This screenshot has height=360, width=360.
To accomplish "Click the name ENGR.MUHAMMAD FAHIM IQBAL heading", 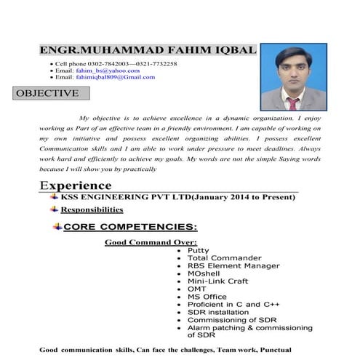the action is (x=148, y=49).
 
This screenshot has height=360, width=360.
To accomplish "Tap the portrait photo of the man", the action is (x=292, y=76).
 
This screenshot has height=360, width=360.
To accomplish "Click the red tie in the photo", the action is (x=292, y=103).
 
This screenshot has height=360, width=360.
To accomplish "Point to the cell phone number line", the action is (x=116, y=64).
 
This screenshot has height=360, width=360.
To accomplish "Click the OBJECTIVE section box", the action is (x=47, y=93).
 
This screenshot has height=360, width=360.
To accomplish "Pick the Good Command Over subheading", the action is (x=151, y=242).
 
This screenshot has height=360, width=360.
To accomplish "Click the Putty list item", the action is (x=198, y=250).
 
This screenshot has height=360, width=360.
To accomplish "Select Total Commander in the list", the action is (x=223, y=258).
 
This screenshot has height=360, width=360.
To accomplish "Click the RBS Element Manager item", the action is (x=233, y=265).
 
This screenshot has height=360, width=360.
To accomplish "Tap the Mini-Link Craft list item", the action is (x=219, y=281).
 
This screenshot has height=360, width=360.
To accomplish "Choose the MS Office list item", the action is (x=207, y=296).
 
